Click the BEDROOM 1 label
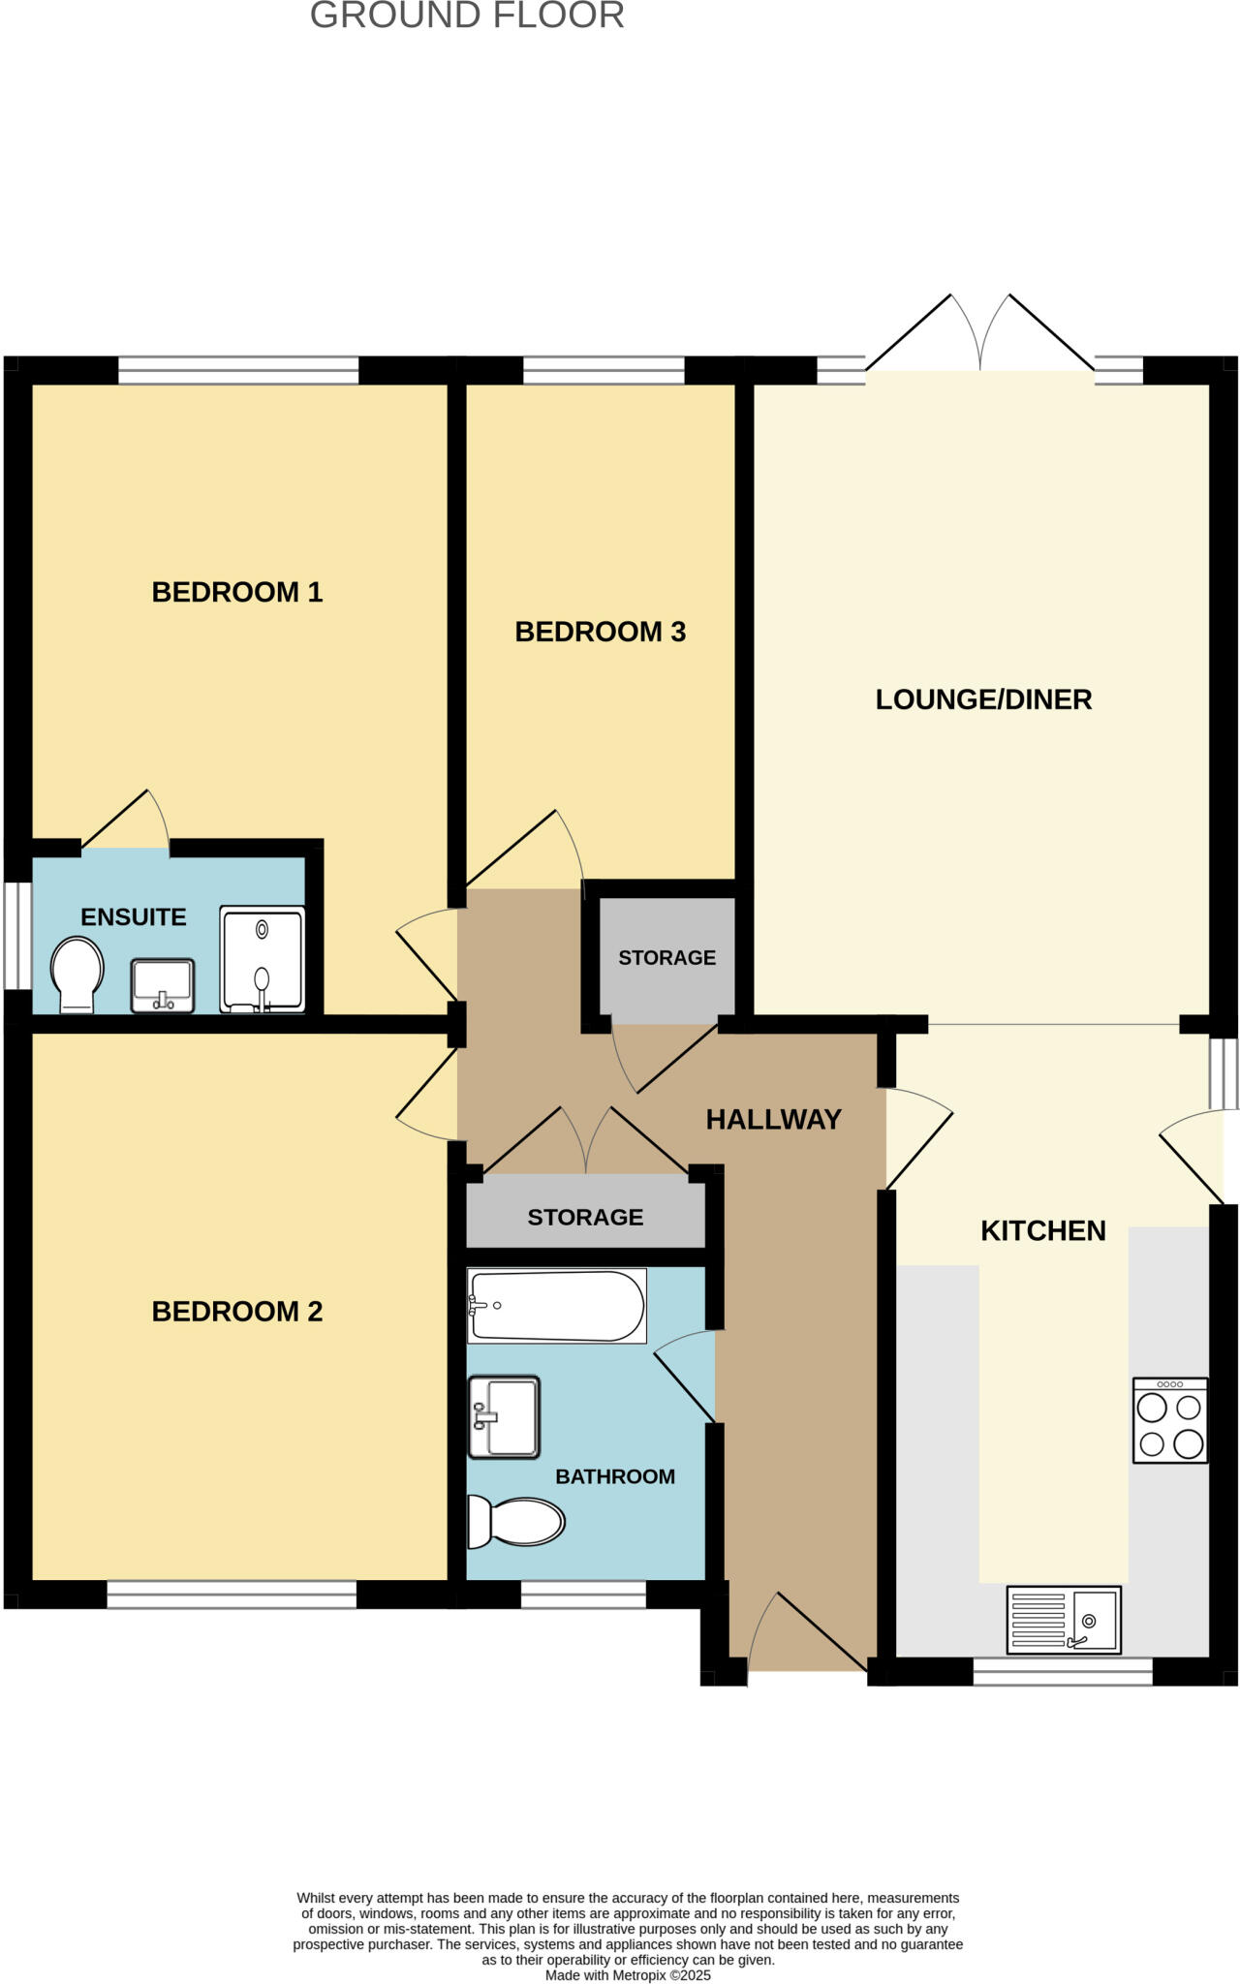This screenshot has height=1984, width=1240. [x=236, y=592]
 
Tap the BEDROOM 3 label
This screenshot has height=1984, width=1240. [x=600, y=632]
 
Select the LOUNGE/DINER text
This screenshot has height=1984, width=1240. [x=983, y=699]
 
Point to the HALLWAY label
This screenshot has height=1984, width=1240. [x=773, y=1120]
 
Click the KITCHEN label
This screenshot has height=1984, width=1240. [x=1042, y=1230]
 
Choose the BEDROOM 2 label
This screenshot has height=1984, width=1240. [x=236, y=1312]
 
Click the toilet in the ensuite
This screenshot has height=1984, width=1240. [x=77, y=975]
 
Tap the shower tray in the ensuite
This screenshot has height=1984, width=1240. [x=262, y=959]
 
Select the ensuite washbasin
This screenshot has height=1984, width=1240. [x=163, y=985]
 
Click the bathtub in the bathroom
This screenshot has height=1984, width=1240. [x=556, y=1307]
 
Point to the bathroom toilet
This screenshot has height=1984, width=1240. [x=516, y=1522]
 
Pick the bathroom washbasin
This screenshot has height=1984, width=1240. [x=504, y=1416]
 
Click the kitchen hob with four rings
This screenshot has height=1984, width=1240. [x=1170, y=1419]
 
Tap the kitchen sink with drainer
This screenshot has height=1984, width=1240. [x=1064, y=1620]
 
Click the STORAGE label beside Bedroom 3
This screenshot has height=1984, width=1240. [x=666, y=958]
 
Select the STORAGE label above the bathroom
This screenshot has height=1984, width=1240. [x=585, y=1218]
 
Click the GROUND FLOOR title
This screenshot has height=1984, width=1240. [x=467, y=15]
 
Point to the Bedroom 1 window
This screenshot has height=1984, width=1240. [x=237, y=370]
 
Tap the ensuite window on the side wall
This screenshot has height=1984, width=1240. [x=16, y=935]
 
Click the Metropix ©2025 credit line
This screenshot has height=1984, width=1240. [x=628, y=1975]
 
